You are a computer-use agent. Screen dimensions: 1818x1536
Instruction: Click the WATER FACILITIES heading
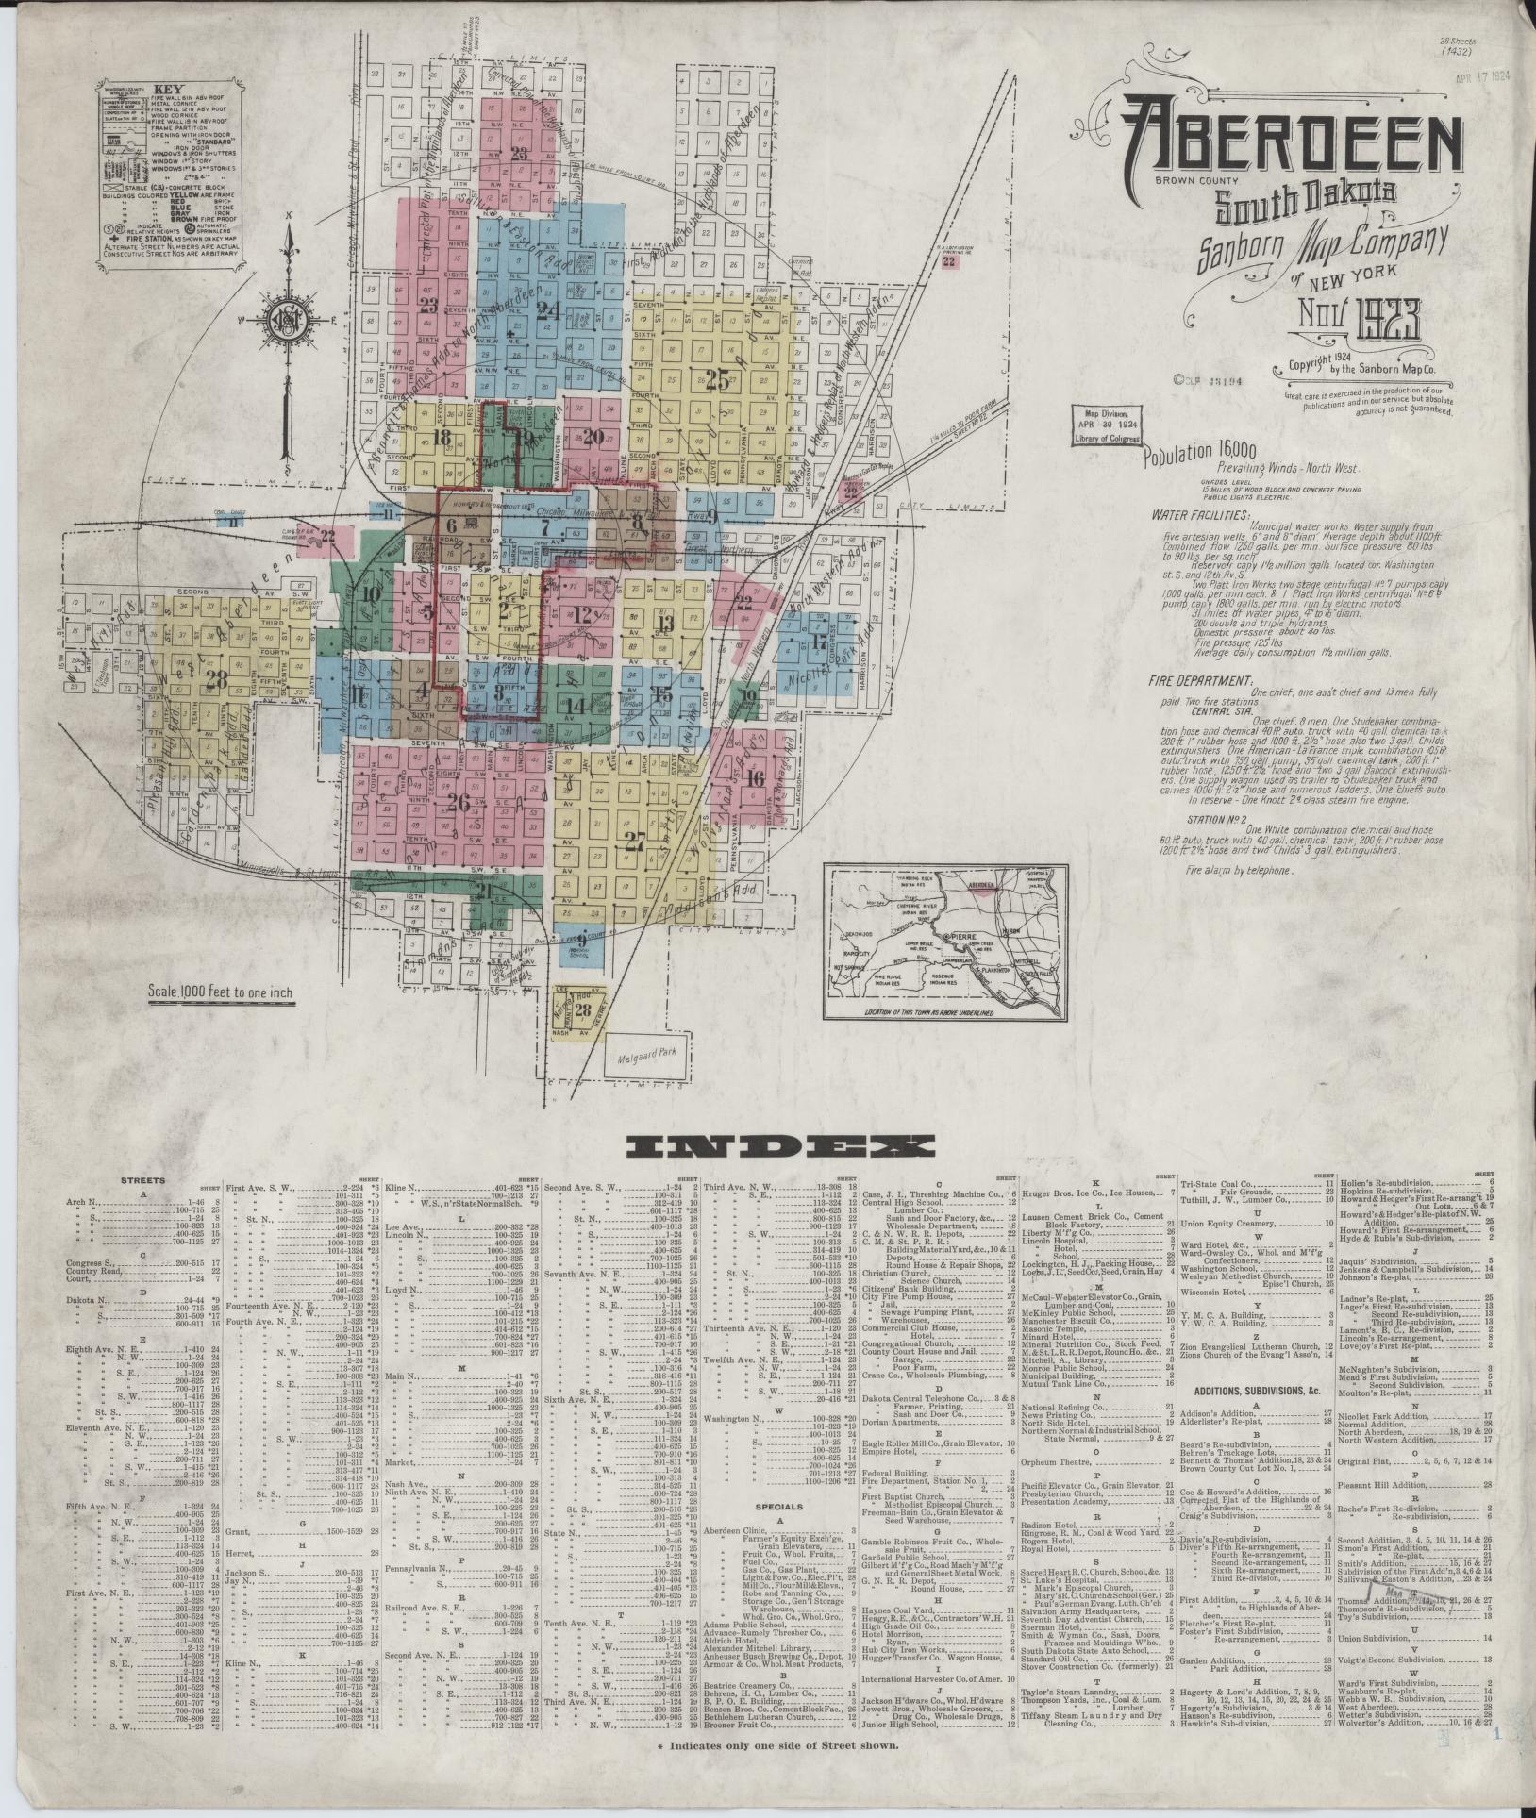pyautogui.click(x=1200, y=516)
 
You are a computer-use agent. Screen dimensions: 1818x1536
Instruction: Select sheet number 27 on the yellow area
pyautogui.click(x=634, y=842)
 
